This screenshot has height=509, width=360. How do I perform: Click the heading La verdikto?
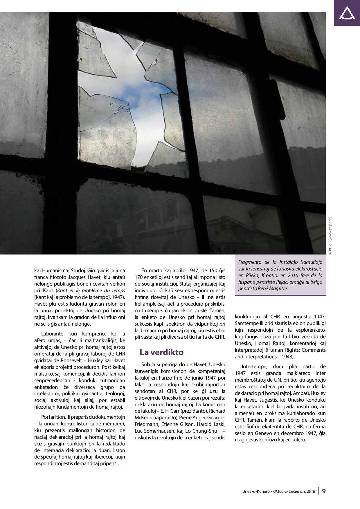(161, 352)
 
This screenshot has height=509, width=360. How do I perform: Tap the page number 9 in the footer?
(324, 491)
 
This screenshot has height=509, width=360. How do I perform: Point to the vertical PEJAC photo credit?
(330, 236)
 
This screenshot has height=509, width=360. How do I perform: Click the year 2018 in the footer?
(310, 491)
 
